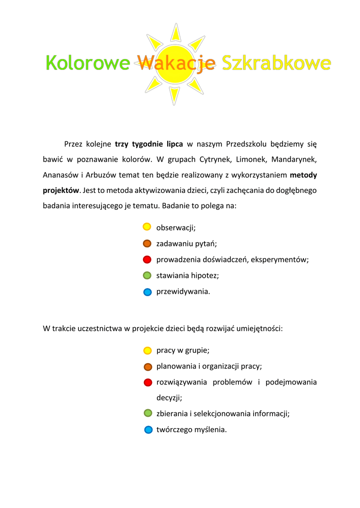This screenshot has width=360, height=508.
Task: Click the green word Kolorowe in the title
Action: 87,63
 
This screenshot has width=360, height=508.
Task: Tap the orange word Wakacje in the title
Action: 176,63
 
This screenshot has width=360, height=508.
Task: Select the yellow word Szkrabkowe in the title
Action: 276,63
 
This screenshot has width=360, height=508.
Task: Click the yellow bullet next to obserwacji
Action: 147,227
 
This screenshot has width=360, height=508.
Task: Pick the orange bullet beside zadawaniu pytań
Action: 147,244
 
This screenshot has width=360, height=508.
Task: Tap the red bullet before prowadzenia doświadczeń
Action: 147,259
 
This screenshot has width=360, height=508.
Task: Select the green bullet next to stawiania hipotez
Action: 147,275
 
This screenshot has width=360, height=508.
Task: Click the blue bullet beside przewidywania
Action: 147,292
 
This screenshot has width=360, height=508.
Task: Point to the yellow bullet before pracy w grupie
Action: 147,350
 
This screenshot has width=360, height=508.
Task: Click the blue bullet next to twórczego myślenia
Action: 148,430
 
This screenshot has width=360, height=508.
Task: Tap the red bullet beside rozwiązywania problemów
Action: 148,382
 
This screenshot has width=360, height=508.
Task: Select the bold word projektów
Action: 61,190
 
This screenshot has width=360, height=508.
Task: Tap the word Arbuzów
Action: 101,175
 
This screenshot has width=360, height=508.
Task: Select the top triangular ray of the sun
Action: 174,32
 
